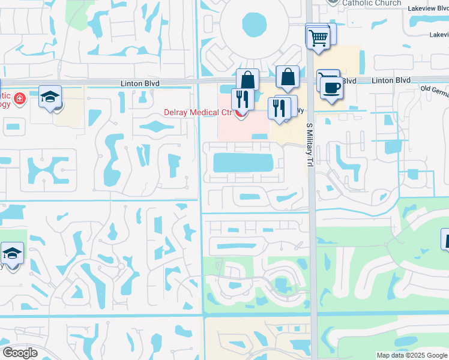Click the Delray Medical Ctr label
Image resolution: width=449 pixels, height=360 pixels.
[x=199, y=112]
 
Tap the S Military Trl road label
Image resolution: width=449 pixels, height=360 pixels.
[x=310, y=145]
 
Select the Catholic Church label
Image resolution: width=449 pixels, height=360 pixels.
[x=372, y=3]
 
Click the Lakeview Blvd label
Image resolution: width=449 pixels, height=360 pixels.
[x=428, y=9]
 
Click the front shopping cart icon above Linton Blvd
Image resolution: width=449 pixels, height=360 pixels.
[x=319, y=38]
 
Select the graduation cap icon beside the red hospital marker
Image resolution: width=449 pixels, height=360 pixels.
[x=50, y=97]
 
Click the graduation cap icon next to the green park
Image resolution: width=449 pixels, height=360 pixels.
[x=12, y=254]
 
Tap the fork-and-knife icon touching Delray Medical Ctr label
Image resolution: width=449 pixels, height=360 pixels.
[x=243, y=100]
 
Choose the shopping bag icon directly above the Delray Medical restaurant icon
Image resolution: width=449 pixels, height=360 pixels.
[x=247, y=80]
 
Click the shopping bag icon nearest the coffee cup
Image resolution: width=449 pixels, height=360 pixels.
[x=288, y=77]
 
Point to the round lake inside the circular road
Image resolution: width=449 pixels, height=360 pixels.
[x=255, y=25]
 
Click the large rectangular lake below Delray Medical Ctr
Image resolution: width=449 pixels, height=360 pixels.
[x=244, y=162]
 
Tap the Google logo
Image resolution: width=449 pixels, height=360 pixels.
[x=19, y=353]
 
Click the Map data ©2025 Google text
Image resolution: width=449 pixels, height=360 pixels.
[x=411, y=355]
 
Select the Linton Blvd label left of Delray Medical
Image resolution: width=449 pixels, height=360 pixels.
[x=127, y=80]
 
